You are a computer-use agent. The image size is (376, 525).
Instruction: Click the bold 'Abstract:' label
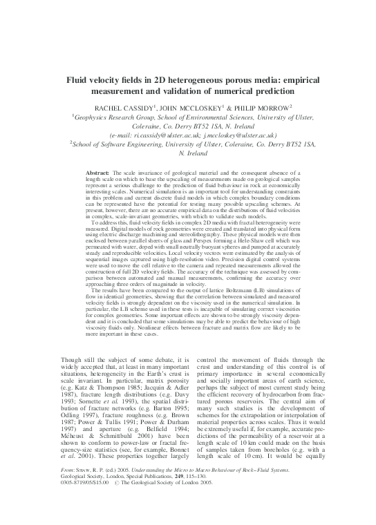[99, 170]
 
